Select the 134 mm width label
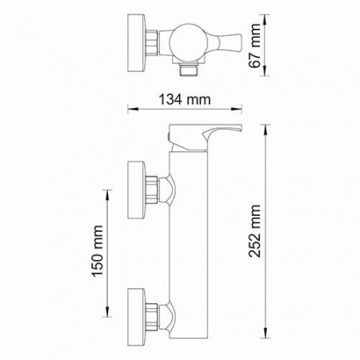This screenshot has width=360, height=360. (178, 100)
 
